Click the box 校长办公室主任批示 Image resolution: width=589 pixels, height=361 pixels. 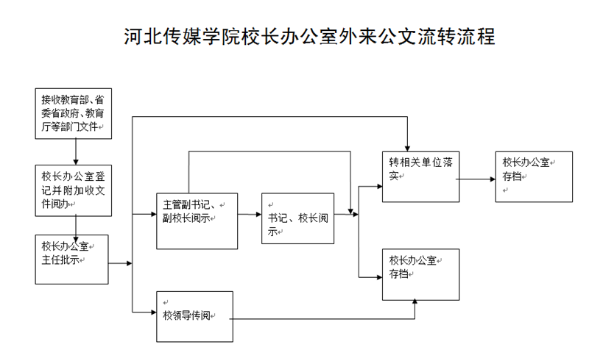(71, 259)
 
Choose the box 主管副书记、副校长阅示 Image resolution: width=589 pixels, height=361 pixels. (197, 220)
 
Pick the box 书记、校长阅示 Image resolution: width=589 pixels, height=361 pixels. (297, 219)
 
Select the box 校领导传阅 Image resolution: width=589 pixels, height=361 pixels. (195, 316)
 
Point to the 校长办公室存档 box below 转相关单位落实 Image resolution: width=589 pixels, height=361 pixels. (420, 274)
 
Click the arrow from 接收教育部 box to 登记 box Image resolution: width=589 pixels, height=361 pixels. (76, 151)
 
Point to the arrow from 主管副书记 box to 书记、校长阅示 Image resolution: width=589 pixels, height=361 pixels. (250, 214)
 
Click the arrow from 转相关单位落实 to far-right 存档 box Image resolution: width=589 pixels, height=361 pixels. (478, 178)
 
